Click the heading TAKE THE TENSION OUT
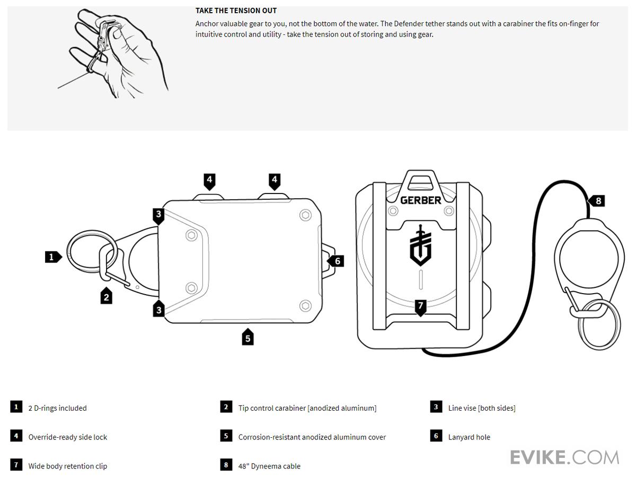coord(236,11)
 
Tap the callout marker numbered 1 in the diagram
coord(52,257)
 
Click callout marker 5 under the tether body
coord(248,337)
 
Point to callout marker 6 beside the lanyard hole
coord(337,261)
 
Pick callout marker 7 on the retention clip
coord(420,306)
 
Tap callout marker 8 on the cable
coord(597,201)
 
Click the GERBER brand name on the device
coord(420,200)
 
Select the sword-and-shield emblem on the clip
coord(420,245)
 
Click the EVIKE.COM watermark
coord(564,457)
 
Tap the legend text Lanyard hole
coord(469,437)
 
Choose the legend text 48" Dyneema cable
coord(269,466)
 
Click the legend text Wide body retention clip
coord(68,466)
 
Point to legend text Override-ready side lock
coord(68,437)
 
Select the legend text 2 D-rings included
coord(57,408)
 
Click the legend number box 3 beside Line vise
coord(436,407)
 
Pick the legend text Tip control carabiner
coord(307,408)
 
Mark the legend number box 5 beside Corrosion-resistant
coord(226,436)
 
